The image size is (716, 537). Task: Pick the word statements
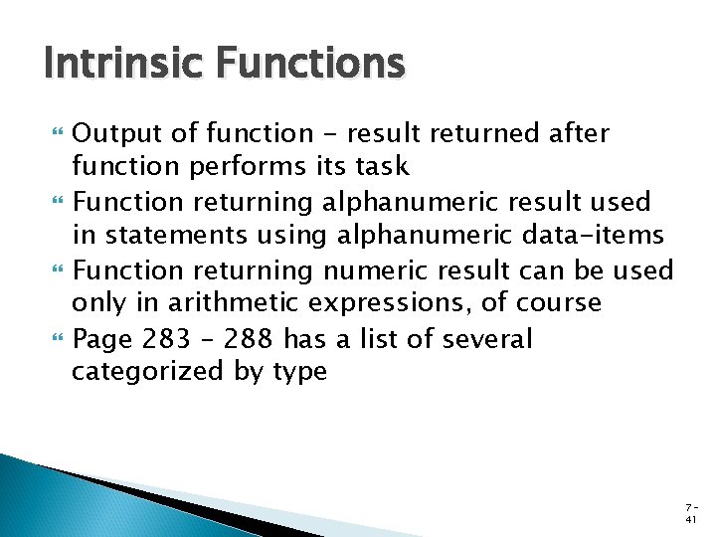(x=166, y=236)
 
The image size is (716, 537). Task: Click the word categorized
(x=142, y=373)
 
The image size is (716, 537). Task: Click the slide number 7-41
(x=689, y=512)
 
